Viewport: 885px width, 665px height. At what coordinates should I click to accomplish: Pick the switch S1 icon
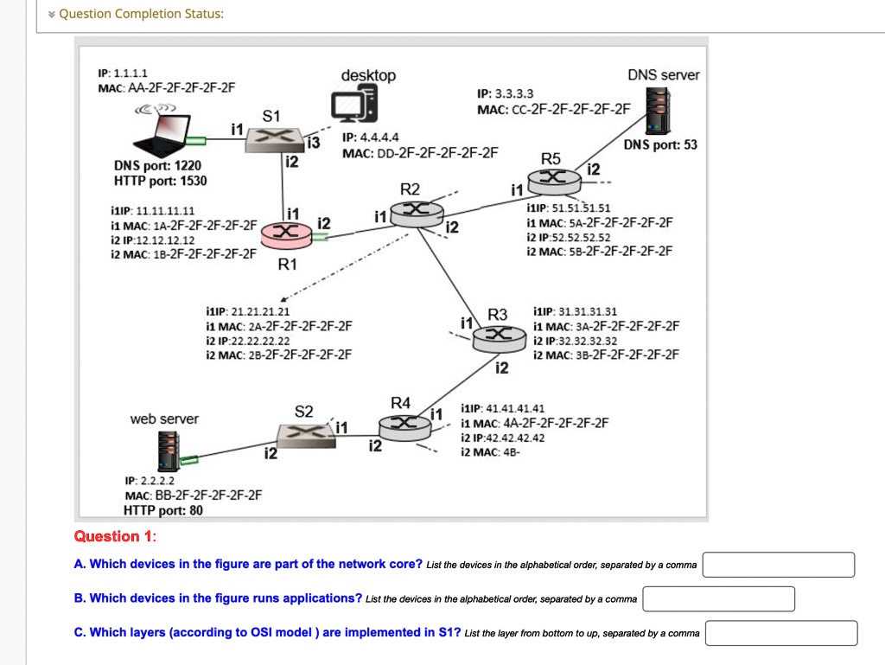pyautogui.click(x=271, y=138)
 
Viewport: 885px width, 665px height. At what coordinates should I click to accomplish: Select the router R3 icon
pyautogui.click(x=497, y=336)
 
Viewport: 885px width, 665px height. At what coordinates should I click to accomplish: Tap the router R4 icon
pyautogui.click(x=404, y=423)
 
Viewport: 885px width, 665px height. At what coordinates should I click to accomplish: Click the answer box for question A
pyautogui.click(x=778, y=565)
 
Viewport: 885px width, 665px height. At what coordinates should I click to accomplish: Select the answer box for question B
pyautogui.click(x=718, y=598)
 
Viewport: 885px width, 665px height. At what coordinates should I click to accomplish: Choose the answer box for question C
pyautogui.click(x=781, y=633)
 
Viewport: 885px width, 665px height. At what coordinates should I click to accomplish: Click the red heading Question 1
pyautogui.click(x=115, y=536)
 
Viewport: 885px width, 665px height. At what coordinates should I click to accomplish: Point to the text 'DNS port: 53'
pyautogui.click(x=660, y=144)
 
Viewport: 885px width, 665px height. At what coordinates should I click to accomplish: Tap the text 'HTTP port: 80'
pyautogui.click(x=163, y=510)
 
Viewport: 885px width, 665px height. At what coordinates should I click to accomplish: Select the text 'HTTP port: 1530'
pyautogui.click(x=161, y=181)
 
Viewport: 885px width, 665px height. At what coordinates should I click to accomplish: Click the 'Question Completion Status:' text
pyautogui.click(x=141, y=14)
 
